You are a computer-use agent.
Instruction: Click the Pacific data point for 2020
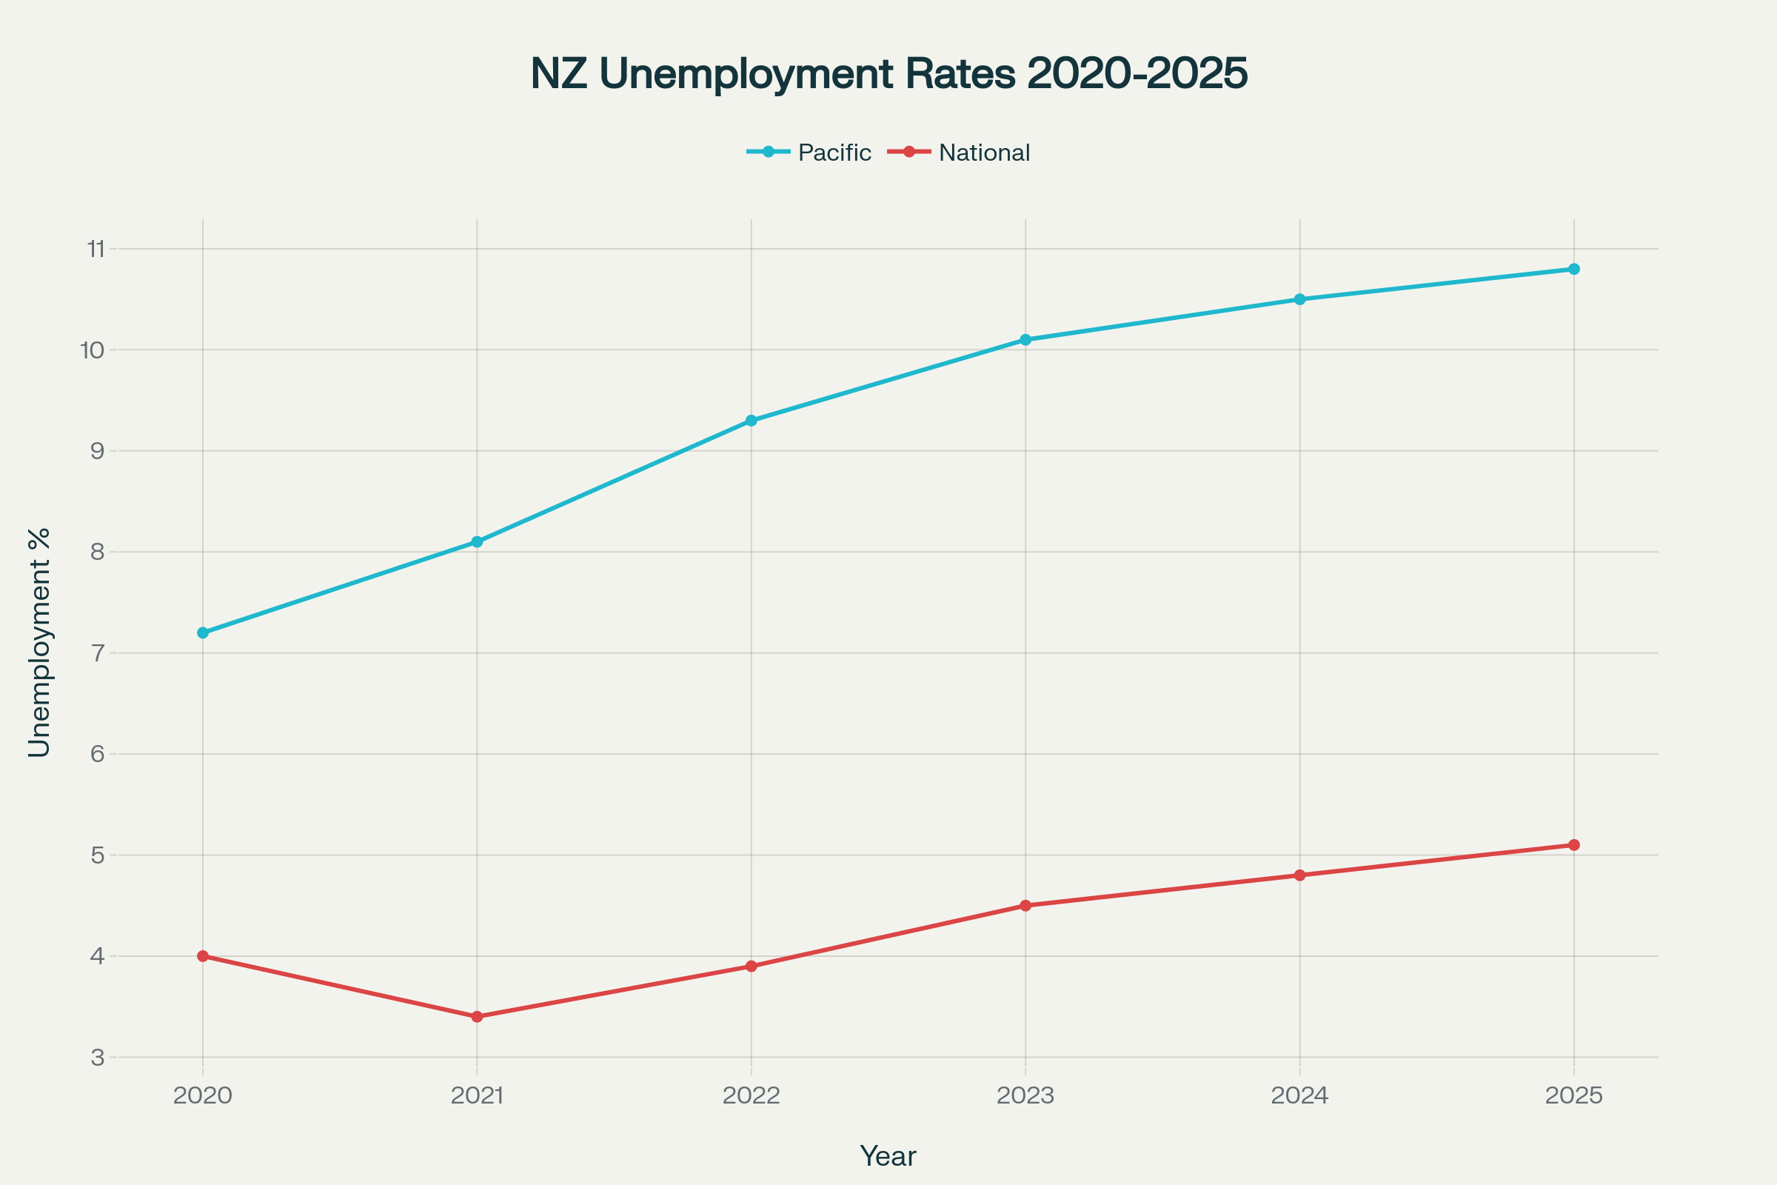202,632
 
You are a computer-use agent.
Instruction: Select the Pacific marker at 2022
751,420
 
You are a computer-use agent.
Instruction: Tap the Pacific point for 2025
1574,269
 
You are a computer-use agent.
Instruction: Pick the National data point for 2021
477,1016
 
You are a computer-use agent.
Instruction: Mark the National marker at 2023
1025,905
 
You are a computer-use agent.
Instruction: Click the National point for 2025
1574,845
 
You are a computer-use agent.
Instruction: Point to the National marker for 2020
202,956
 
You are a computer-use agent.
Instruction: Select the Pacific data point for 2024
1299,299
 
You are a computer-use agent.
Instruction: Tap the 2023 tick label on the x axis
1025,1095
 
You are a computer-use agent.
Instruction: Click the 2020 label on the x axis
202,1095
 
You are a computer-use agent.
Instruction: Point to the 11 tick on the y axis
96,249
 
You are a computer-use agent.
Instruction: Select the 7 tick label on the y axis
98,653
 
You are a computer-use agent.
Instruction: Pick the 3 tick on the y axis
98,1058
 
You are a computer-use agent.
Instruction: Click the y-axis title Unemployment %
39,642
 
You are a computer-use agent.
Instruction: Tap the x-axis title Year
888,1156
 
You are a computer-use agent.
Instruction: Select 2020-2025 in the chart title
1137,73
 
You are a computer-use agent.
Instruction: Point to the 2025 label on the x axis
1574,1095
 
